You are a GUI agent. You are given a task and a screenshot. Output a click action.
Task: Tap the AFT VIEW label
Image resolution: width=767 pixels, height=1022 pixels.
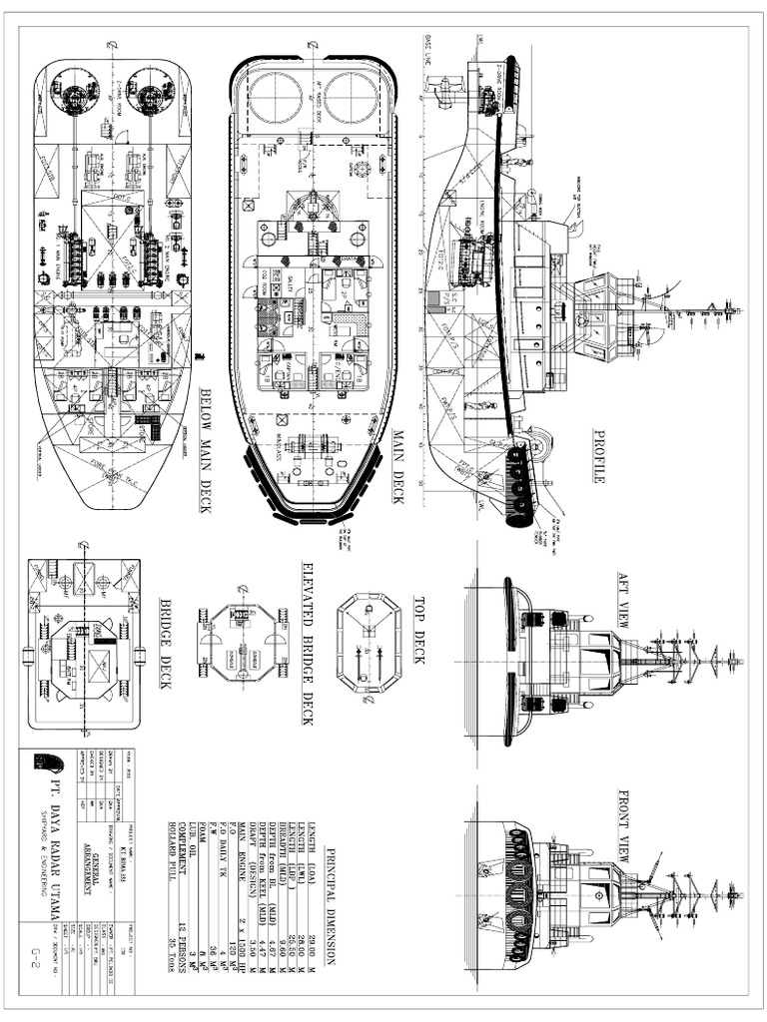(622, 600)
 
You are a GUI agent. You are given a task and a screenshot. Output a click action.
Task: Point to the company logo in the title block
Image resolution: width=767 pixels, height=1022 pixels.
(47, 763)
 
